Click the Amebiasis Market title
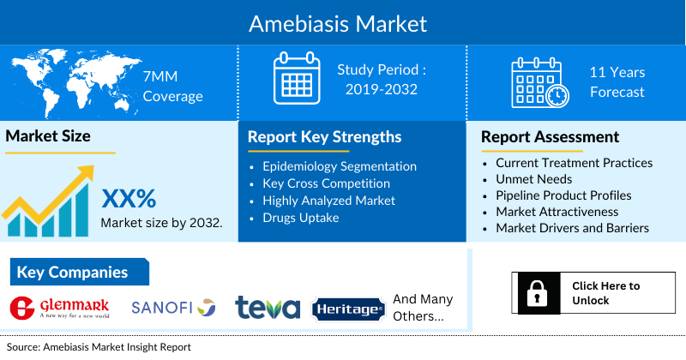(342, 22)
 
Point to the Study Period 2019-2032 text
(382, 78)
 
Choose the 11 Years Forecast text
(617, 82)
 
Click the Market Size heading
(48, 136)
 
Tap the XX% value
(129, 199)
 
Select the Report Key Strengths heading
(324, 137)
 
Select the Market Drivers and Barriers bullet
(572, 228)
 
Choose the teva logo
(268, 308)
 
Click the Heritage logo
(347, 309)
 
